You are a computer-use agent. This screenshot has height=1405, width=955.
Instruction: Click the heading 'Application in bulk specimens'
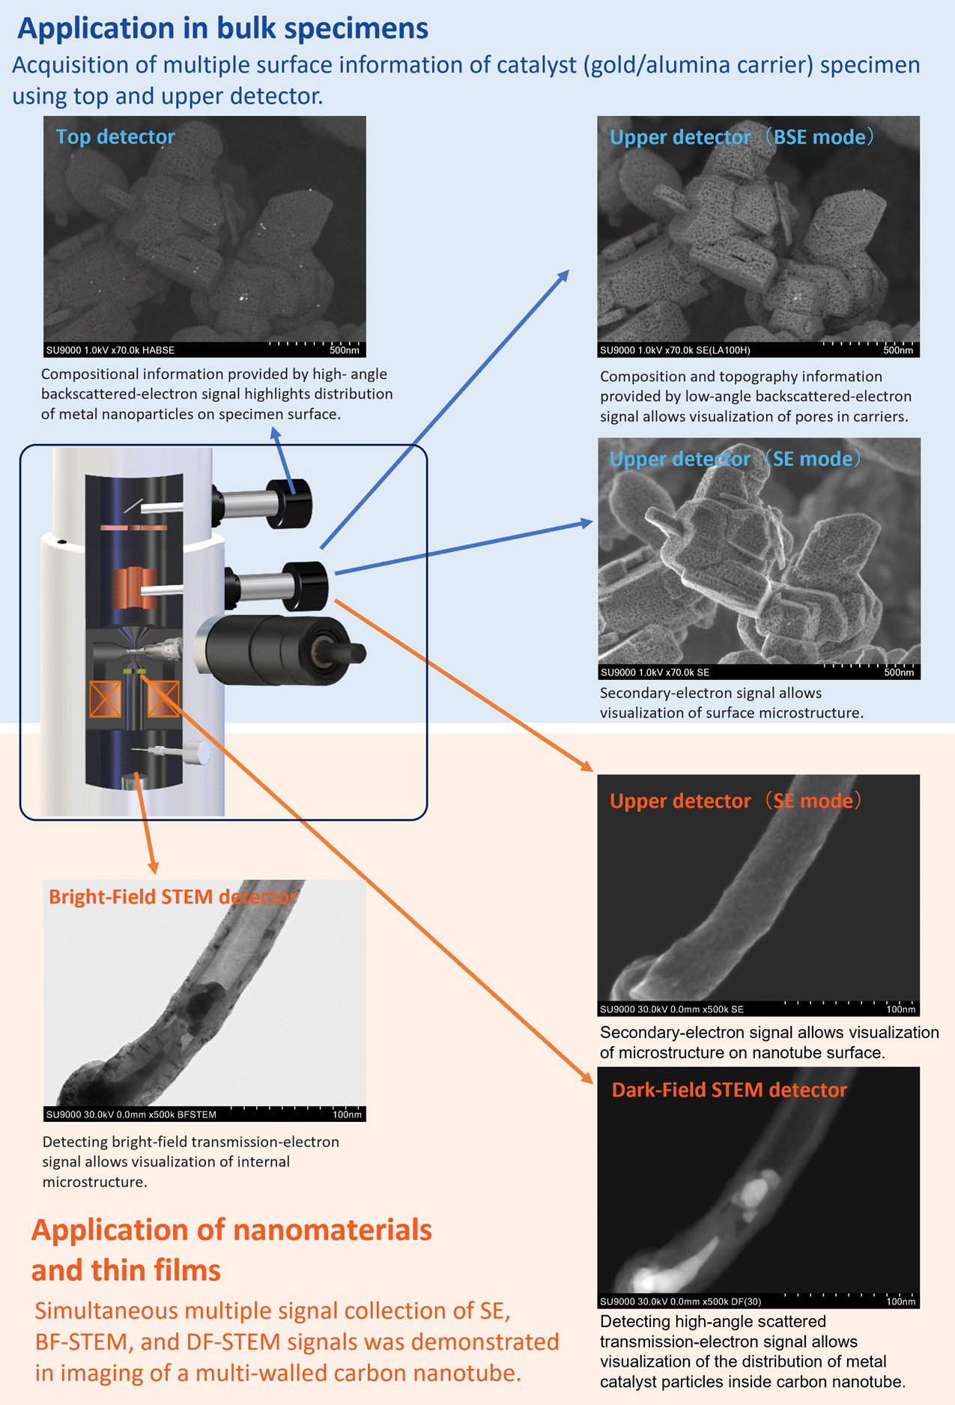coord(222,28)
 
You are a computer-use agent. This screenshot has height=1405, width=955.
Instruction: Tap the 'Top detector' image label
coord(115,136)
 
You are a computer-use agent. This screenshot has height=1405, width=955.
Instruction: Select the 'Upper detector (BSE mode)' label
coord(742,137)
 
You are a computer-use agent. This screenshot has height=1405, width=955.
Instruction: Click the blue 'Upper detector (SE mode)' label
coord(735,459)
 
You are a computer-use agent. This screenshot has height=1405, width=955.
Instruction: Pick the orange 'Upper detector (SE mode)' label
coord(736,801)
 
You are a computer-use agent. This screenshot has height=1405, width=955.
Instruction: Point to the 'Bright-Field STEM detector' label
coord(173,896)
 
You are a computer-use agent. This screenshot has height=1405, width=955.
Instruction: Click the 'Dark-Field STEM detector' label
coord(729,1090)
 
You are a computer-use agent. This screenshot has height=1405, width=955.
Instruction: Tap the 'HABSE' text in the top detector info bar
coord(158,350)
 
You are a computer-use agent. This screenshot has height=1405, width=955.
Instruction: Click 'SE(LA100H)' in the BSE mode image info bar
coord(721,350)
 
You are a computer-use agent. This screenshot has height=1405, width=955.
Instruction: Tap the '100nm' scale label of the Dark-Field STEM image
coord(900,1302)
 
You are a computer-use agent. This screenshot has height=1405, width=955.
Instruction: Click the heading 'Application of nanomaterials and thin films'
coord(231,1250)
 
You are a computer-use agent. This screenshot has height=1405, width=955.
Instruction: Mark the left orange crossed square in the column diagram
coord(105,699)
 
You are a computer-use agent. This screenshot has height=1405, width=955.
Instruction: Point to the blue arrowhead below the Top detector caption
coord(275,432)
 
